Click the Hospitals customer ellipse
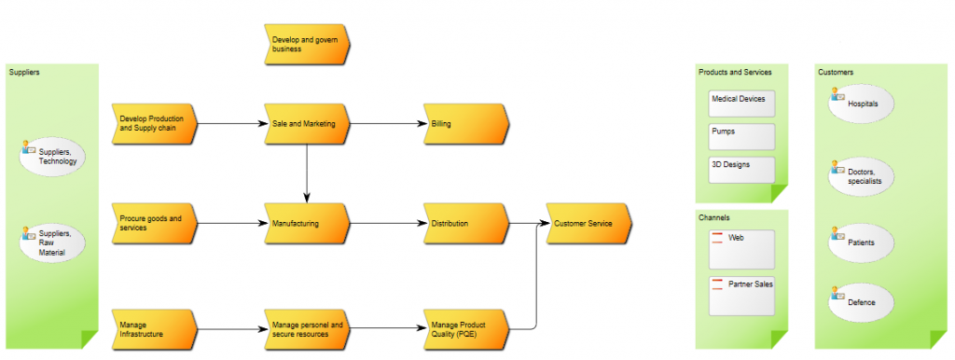click(x=861, y=104)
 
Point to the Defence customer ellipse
click(x=861, y=302)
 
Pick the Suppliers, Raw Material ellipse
click(x=52, y=242)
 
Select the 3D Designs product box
click(x=741, y=169)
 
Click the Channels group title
click(x=714, y=217)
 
